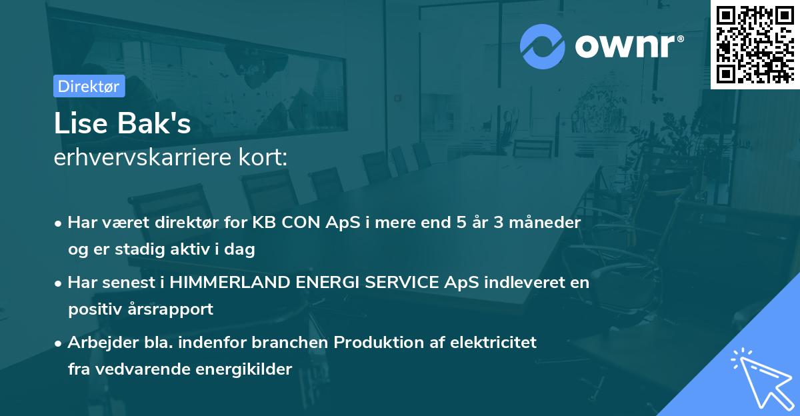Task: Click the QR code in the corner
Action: coord(755,44)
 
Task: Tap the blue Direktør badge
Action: coord(89,86)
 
